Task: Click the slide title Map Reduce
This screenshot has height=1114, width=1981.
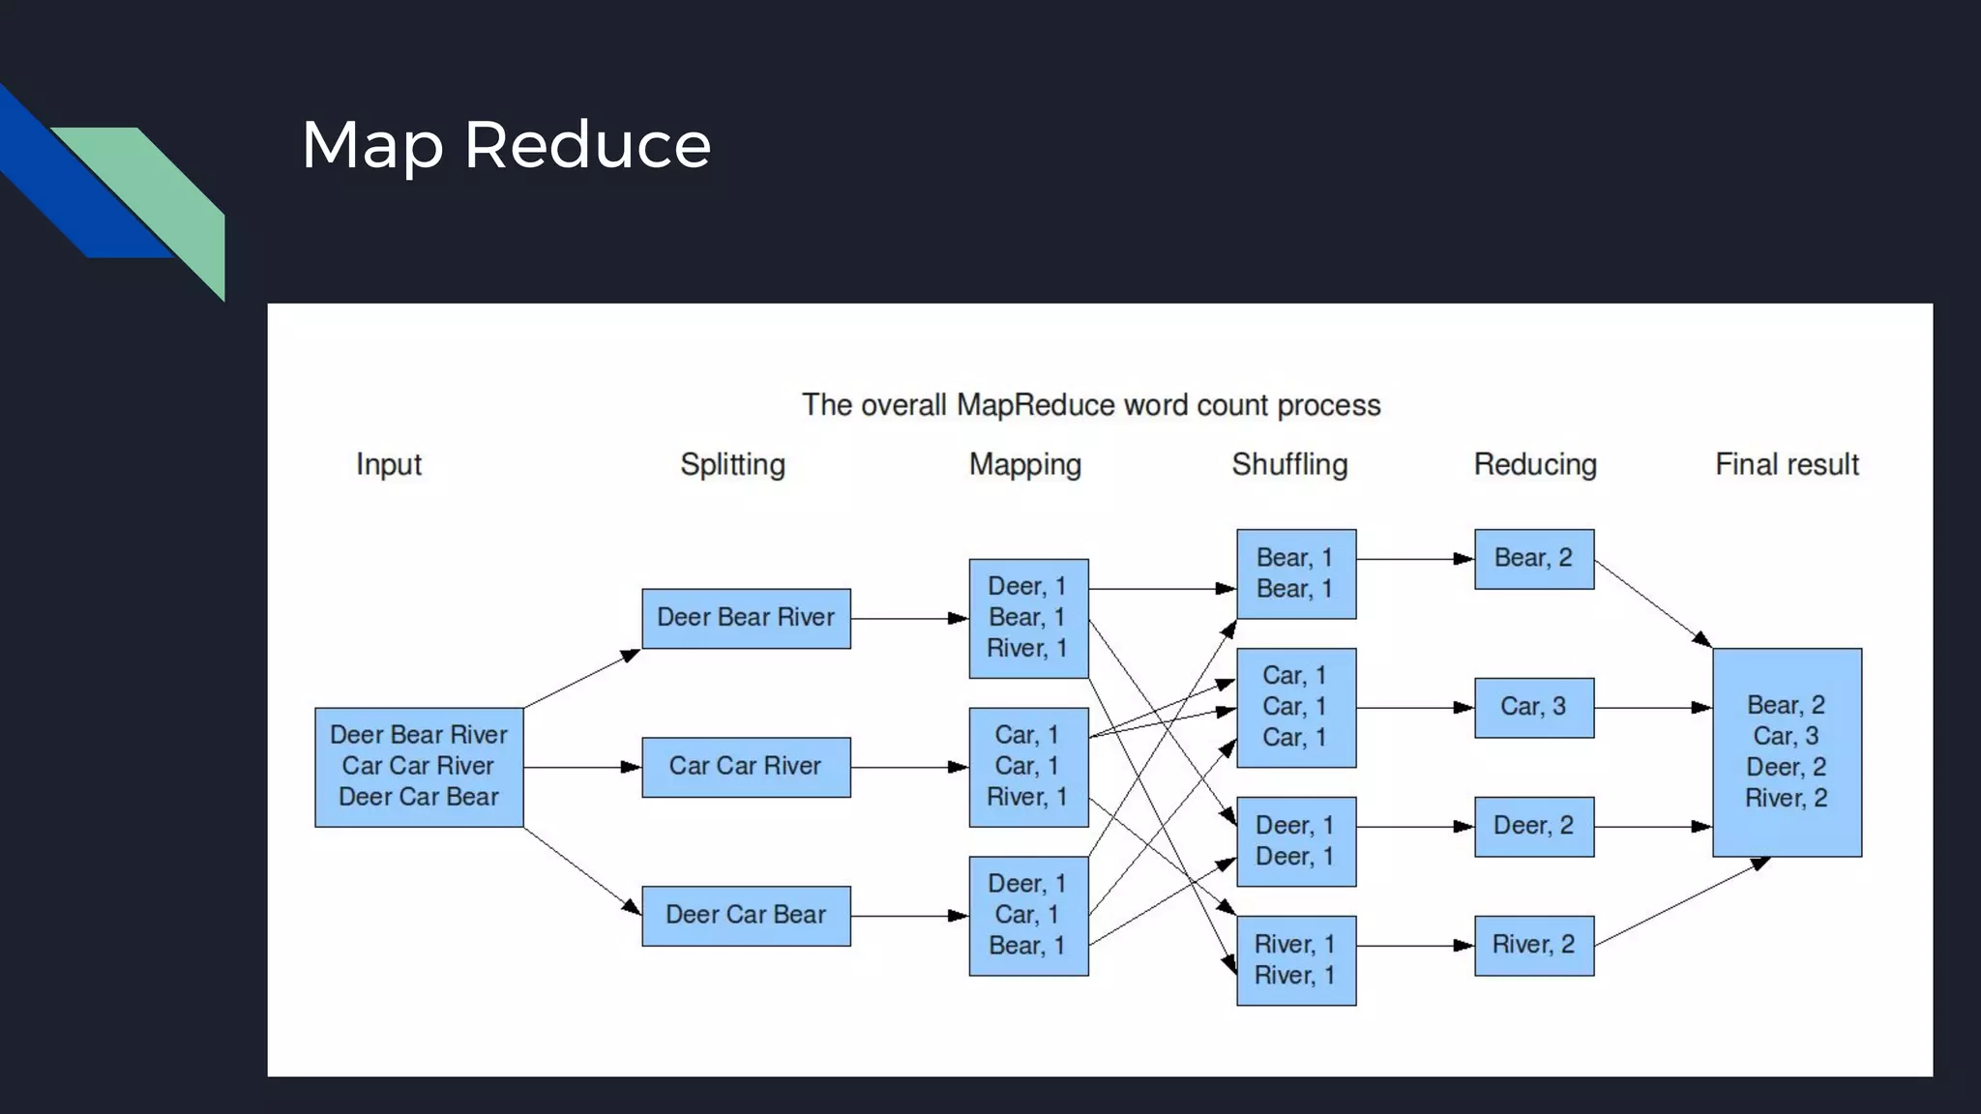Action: click(x=506, y=145)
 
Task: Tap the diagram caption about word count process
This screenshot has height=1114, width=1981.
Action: click(x=1091, y=405)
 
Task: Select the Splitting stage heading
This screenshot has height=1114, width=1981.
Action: click(x=732, y=464)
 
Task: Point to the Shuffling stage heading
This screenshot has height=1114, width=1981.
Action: click(x=1289, y=464)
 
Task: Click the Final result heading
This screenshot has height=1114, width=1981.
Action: click(x=1787, y=464)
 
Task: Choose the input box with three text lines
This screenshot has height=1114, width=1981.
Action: click(x=419, y=767)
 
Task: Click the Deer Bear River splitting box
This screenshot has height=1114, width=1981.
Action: click(x=746, y=618)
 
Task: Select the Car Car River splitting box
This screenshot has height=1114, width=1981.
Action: click(x=746, y=767)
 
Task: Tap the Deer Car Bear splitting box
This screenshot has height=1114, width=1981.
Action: click(x=746, y=915)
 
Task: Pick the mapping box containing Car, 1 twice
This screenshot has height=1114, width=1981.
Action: click(x=1028, y=767)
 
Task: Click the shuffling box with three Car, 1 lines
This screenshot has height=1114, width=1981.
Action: click(x=1295, y=707)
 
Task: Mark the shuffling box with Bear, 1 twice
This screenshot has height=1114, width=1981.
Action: click(x=1295, y=573)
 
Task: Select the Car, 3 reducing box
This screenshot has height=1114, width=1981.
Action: click(x=1533, y=707)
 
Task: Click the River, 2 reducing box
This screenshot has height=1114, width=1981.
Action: click(x=1533, y=945)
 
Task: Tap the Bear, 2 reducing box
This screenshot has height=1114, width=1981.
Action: click(x=1533, y=558)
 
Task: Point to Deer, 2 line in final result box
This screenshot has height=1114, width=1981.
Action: click(x=1786, y=768)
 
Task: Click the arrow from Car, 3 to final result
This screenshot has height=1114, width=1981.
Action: click(x=1652, y=708)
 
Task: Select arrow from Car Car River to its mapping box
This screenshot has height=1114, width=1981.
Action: click(x=908, y=767)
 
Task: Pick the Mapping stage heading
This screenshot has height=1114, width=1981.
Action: click(x=1025, y=464)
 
